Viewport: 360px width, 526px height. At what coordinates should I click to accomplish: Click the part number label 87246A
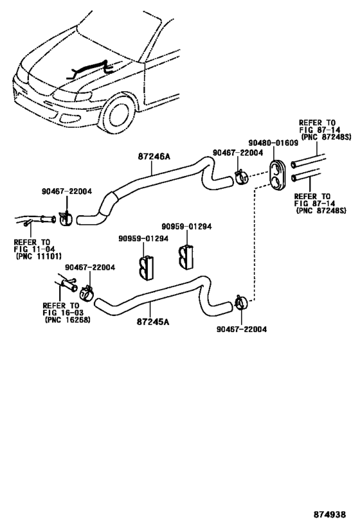pos(153,156)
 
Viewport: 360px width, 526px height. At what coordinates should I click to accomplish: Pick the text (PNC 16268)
pos(67,319)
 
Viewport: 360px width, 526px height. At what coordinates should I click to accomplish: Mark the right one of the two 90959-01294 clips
pos(187,256)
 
